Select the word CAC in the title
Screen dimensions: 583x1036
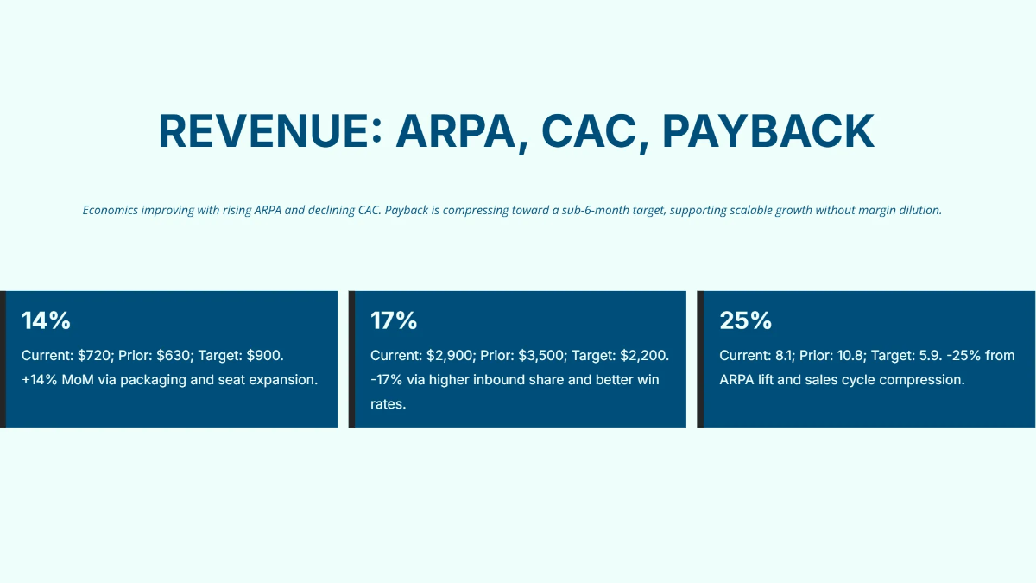(x=591, y=131)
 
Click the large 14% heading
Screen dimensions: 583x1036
(x=46, y=320)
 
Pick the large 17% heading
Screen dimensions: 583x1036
(x=394, y=320)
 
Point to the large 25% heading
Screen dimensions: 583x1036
(x=745, y=320)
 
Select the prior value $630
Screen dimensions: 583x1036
(x=175, y=355)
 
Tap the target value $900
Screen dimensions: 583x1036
(x=265, y=355)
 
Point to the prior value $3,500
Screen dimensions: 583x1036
(x=542, y=355)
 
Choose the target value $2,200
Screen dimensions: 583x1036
(x=644, y=355)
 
